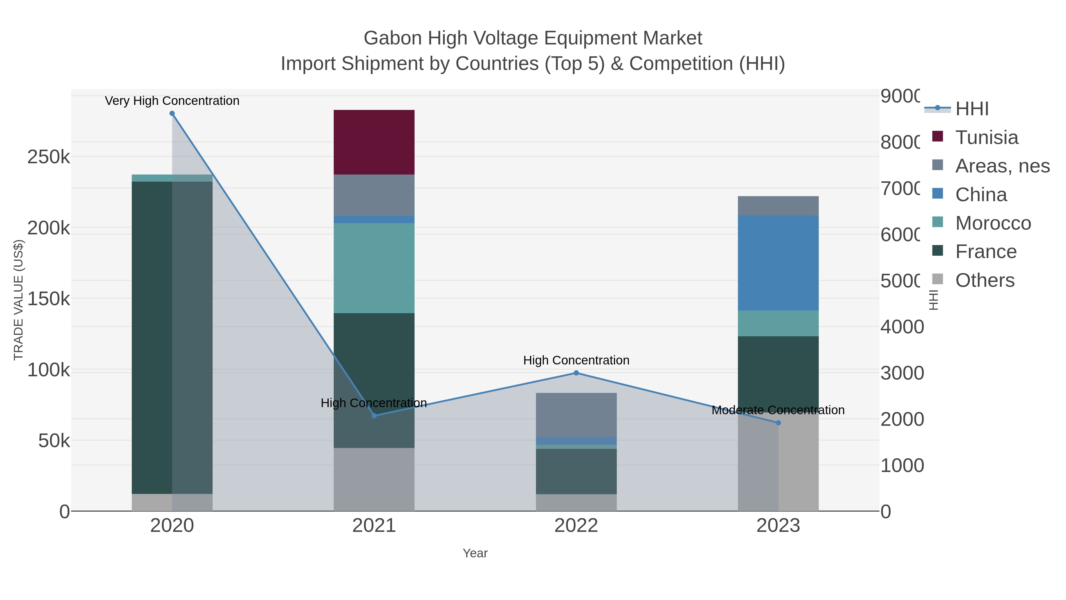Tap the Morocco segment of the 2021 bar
pyautogui.click(x=374, y=268)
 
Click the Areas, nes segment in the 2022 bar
pyautogui.click(x=576, y=415)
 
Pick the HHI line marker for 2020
pyautogui.click(x=172, y=113)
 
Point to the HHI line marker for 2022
pyautogui.click(x=576, y=373)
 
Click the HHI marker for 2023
pyautogui.click(x=778, y=423)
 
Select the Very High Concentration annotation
pyautogui.click(x=172, y=101)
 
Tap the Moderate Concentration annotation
pyautogui.click(x=778, y=410)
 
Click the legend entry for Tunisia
pyautogui.click(x=987, y=137)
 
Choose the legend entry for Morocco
pyautogui.click(x=993, y=223)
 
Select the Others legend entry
pyautogui.click(x=985, y=280)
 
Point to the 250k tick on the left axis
pyautogui.click(x=49, y=157)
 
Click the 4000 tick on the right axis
pyautogui.click(x=901, y=327)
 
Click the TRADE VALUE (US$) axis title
pyautogui.click(x=19, y=300)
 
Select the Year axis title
pyautogui.click(x=475, y=553)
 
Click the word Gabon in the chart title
pyautogui.click(x=393, y=38)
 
